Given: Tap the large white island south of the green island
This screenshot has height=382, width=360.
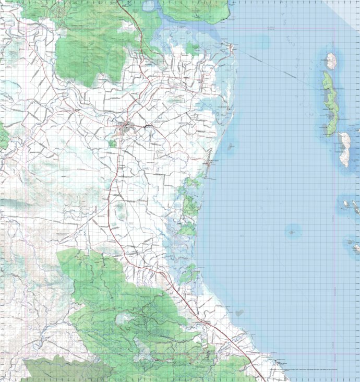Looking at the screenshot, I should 344,148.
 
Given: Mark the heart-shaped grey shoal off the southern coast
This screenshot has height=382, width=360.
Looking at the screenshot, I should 239,313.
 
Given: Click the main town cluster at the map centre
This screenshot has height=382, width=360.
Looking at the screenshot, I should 126,127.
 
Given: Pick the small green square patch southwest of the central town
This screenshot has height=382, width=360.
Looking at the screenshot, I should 112,143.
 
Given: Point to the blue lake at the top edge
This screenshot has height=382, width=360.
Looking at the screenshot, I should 148,6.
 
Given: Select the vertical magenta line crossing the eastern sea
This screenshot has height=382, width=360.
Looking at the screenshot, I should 334,209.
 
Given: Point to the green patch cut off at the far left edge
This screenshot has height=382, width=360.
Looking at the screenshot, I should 3,137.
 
